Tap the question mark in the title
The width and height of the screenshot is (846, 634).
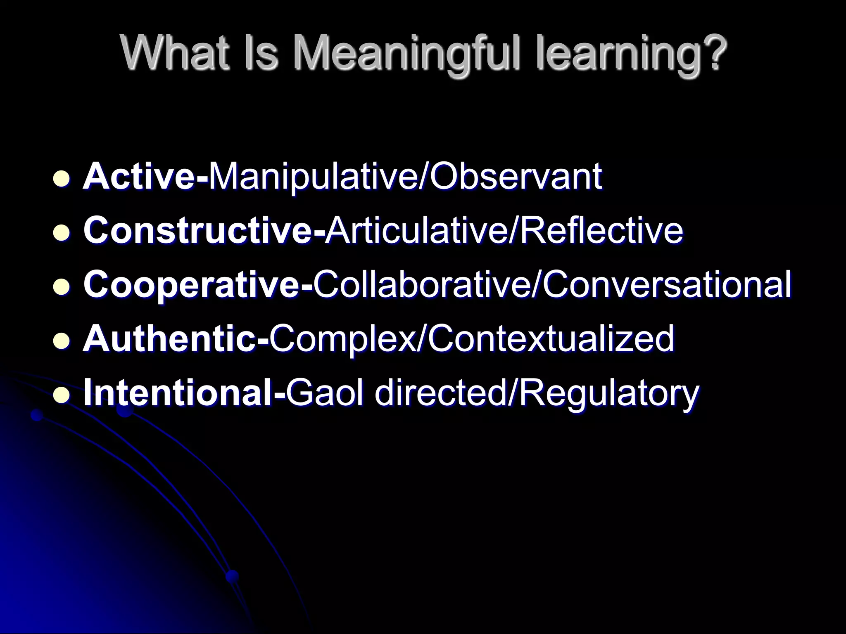pyautogui.click(x=711, y=54)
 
